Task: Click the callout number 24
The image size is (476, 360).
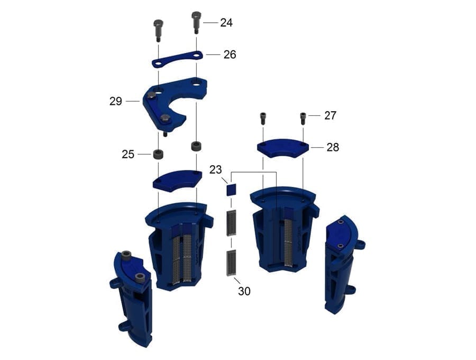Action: (x=226, y=22)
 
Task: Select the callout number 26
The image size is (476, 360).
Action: (x=230, y=54)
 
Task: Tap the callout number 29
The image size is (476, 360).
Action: (x=116, y=101)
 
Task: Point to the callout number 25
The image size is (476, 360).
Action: (x=128, y=154)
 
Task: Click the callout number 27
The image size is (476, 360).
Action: (x=331, y=115)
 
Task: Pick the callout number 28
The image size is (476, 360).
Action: (x=333, y=147)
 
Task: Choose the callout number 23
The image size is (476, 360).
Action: (x=215, y=170)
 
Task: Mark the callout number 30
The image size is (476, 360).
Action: (x=244, y=291)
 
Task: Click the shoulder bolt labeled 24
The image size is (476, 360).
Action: (x=196, y=22)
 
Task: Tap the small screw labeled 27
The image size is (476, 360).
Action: (x=303, y=118)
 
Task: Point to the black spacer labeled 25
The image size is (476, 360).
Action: (x=158, y=155)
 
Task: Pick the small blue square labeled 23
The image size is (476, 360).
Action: (x=230, y=189)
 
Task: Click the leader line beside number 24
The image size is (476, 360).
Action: (x=211, y=22)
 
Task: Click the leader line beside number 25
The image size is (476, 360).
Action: (x=144, y=154)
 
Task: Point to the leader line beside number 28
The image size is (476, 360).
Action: (x=317, y=148)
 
